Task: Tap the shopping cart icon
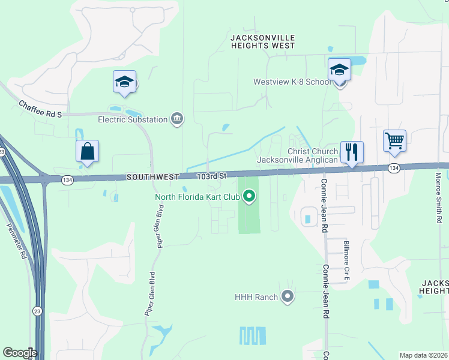394,141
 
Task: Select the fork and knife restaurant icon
351,151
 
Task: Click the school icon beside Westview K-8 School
339,70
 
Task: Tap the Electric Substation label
133,119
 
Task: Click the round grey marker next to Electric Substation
177,119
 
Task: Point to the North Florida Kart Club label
197,196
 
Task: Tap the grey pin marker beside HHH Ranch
288,296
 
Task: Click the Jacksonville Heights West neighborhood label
263,41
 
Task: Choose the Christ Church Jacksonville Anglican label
298,156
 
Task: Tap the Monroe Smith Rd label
439,199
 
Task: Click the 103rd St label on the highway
212,176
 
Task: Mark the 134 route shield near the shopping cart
393,169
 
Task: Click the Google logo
20,353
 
